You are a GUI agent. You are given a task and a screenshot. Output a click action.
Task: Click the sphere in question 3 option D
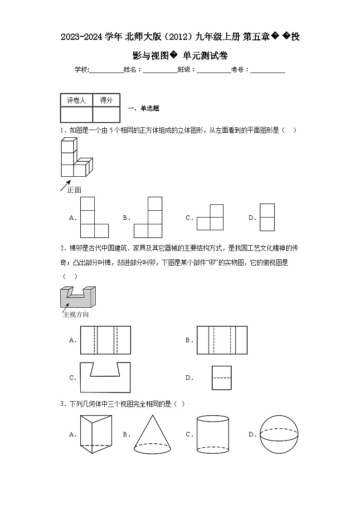pyautogui.click(x=280, y=435)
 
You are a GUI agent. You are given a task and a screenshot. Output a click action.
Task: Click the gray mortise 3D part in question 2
pyautogui.click(x=78, y=297)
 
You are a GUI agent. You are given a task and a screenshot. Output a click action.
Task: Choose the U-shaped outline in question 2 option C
pyautogui.click(x=105, y=378)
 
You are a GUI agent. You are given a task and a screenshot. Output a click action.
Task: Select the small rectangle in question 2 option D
pyautogui.click(x=221, y=378)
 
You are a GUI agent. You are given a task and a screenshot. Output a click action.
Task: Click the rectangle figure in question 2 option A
pyautogui.click(x=105, y=340)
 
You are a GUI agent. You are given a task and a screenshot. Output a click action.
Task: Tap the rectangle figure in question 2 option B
pyautogui.click(x=222, y=340)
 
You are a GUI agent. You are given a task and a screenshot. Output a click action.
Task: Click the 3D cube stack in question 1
pyautogui.click(x=75, y=158)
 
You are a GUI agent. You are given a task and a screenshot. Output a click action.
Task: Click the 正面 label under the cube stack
pyautogui.click(x=74, y=190)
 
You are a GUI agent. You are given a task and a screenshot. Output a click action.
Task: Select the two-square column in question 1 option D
pyautogui.click(x=267, y=218)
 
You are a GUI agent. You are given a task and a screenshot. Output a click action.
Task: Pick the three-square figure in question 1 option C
pyautogui.click(x=210, y=218)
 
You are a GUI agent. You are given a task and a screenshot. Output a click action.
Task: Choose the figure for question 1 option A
pyautogui.click(x=94, y=218)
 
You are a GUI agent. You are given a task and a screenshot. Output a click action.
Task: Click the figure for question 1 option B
pyautogui.click(x=148, y=218)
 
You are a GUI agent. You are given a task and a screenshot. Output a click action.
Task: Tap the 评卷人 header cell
pyautogui.click(x=76, y=101)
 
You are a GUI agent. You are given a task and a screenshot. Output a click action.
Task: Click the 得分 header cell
pyautogui.click(x=106, y=101)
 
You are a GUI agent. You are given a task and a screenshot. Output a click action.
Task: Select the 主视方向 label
pyautogui.click(x=76, y=315)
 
